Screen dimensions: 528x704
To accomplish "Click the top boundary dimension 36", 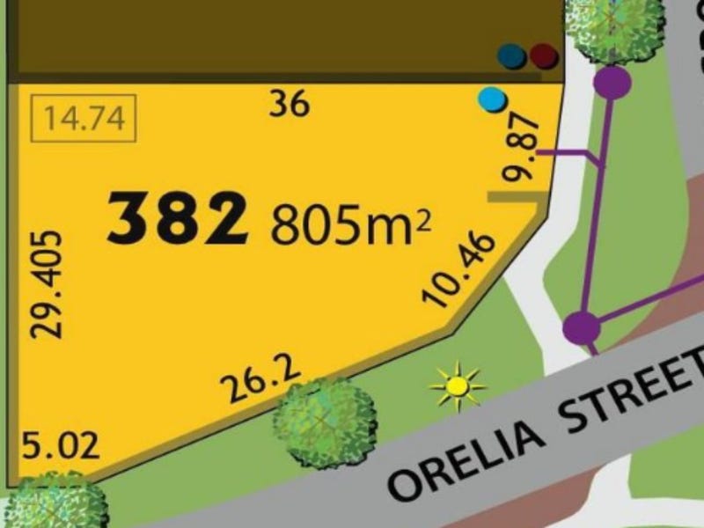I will [290, 105].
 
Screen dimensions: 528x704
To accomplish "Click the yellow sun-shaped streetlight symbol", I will [457, 385].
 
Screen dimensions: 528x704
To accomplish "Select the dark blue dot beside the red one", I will [513, 56].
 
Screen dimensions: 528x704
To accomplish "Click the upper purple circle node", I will [612, 83].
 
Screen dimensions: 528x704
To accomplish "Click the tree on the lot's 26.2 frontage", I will [325, 421].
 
